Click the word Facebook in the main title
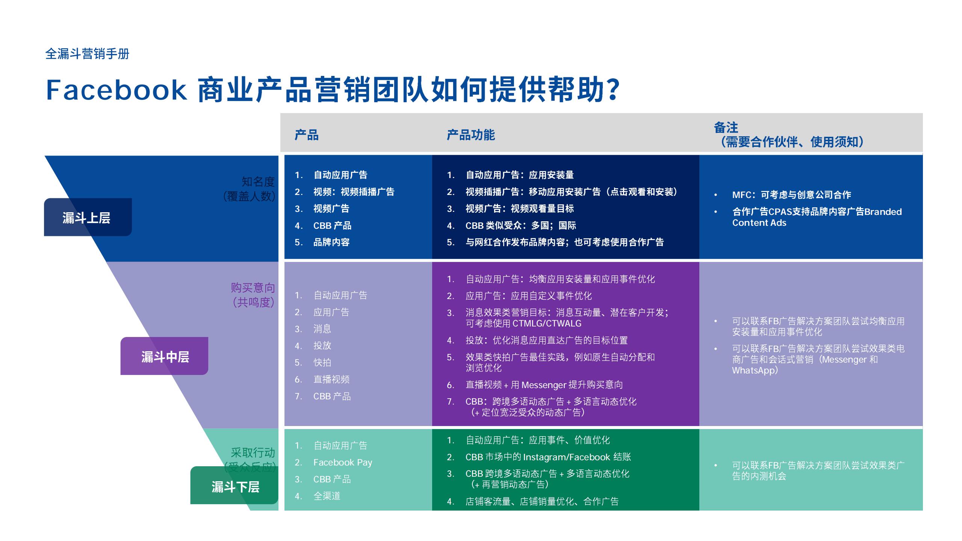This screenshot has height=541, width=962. tap(116, 90)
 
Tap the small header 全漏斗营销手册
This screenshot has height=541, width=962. tap(87, 54)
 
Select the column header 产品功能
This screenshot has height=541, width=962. tap(470, 135)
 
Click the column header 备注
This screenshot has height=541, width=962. tap(726, 128)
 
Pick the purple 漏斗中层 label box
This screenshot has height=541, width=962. tap(165, 357)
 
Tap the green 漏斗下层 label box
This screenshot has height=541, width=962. tap(234, 487)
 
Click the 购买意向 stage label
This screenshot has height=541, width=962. tap(253, 288)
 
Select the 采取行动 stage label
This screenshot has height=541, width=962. tap(253, 452)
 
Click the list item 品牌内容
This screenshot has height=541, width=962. tap(331, 242)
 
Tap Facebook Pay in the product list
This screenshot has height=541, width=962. tap(343, 462)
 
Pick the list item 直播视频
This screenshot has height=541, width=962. tap(331, 379)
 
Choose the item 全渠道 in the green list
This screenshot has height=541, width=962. tap(327, 496)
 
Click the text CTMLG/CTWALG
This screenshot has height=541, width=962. tap(547, 323)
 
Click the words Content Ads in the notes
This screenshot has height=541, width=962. tap(759, 223)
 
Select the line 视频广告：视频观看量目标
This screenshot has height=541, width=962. tap(519, 209)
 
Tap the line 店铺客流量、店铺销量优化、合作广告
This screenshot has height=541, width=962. tap(542, 502)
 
